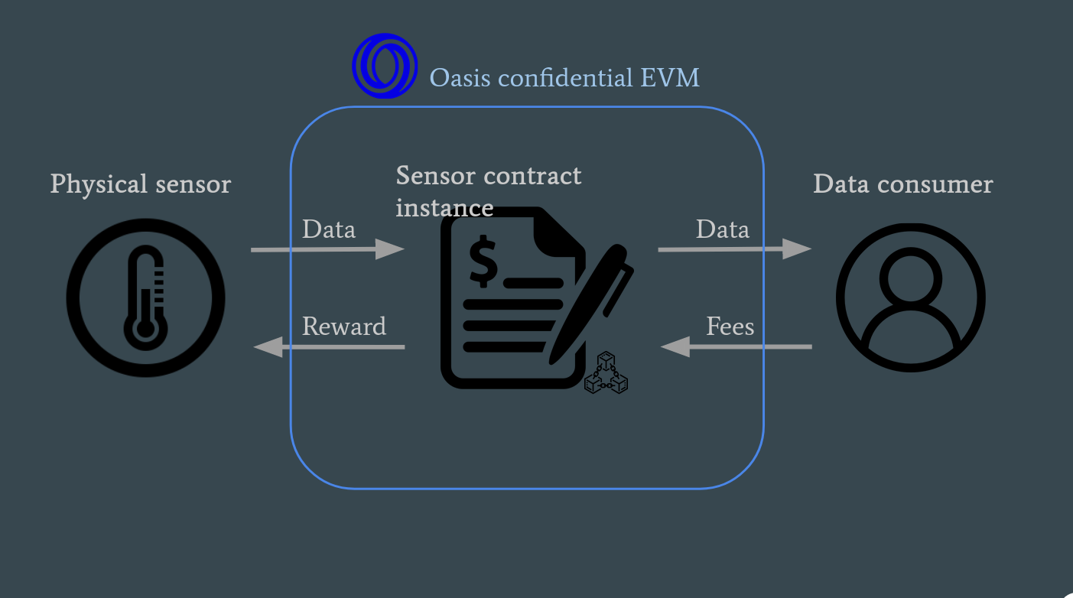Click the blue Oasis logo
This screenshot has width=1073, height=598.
pyautogui.click(x=385, y=66)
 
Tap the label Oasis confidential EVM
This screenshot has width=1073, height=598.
pyautogui.click(x=564, y=77)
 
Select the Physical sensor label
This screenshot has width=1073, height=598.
pyautogui.click(x=140, y=184)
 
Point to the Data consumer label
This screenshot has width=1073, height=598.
pyautogui.click(x=902, y=184)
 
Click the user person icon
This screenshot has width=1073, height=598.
pyautogui.click(x=910, y=298)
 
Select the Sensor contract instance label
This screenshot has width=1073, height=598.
pyautogui.click(x=488, y=191)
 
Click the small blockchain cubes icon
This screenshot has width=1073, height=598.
pyautogui.click(x=606, y=372)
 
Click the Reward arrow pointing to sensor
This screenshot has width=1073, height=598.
pyautogui.click(x=329, y=347)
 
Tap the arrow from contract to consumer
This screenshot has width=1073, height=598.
pyautogui.click(x=734, y=249)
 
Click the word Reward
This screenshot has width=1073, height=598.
pyautogui.click(x=343, y=327)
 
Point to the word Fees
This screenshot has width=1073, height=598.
pyautogui.click(x=730, y=327)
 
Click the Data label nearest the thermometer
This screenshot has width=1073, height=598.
pyautogui.click(x=328, y=229)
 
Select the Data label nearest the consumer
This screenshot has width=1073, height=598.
pyautogui.click(x=722, y=229)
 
